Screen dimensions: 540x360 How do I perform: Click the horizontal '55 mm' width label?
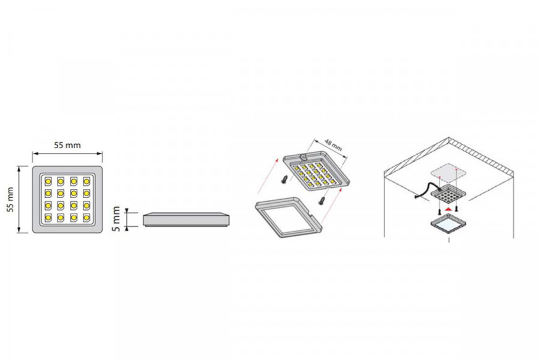[x=67, y=145]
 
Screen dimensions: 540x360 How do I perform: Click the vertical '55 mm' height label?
[x=11, y=199]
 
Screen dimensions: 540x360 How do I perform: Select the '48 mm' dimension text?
[x=333, y=145]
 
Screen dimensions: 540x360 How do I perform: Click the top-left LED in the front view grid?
[x=48, y=181]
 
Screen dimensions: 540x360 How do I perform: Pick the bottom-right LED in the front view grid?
[x=86, y=217]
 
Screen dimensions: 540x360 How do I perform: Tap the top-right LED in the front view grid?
[x=86, y=181]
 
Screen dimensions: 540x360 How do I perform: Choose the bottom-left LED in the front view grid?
[x=48, y=217]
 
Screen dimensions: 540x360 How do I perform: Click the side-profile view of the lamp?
[x=186, y=219]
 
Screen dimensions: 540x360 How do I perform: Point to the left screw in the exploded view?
[x=285, y=179]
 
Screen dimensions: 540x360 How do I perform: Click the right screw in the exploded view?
[x=323, y=200]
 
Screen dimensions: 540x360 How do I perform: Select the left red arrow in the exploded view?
[x=268, y=176]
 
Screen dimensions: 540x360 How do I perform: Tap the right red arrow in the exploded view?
[x=331, y=206]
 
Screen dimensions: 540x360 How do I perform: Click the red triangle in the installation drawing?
[x=448, y=209]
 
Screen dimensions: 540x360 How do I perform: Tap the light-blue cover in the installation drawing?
[x=448, y=224]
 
